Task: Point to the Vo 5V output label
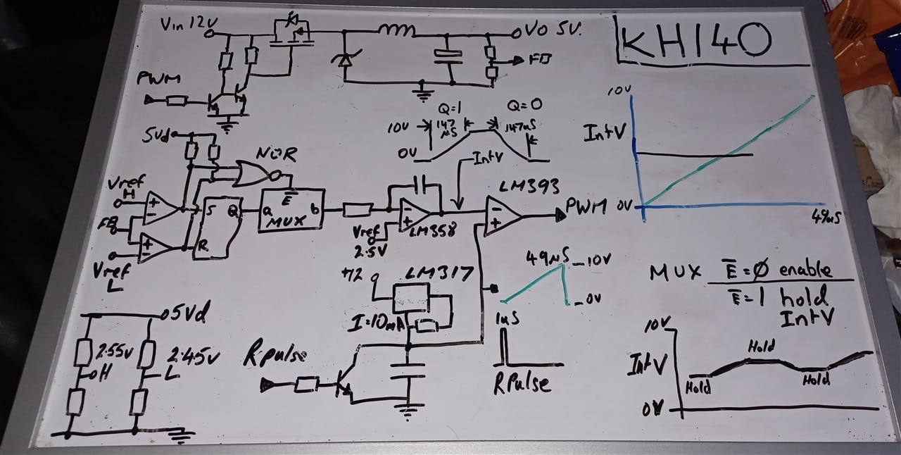(547, 31)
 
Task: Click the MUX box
(293, 210)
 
